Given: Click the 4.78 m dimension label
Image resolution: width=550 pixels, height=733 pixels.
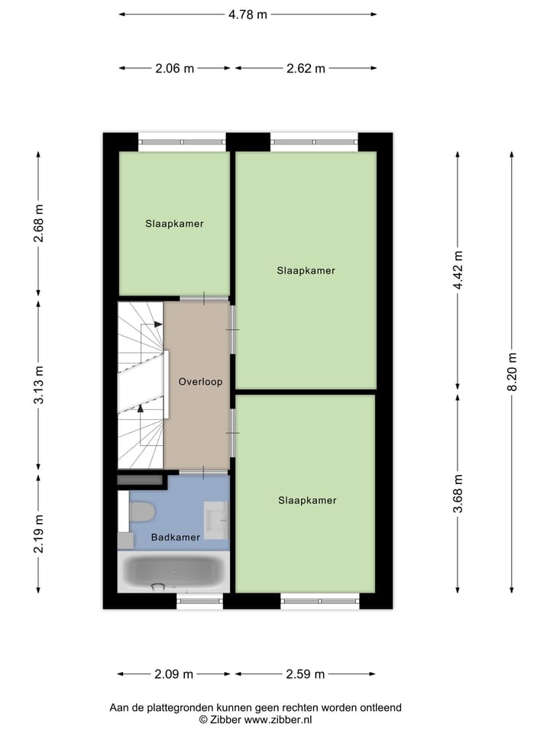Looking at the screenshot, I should [248, 14].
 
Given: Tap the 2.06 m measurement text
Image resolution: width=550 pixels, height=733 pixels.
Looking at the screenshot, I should [175, 68].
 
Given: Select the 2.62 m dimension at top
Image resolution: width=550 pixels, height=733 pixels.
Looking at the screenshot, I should [305, 68].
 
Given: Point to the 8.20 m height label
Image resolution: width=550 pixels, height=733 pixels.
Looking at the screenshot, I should [513, 371].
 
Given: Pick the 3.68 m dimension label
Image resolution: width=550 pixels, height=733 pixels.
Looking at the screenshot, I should [458, 493].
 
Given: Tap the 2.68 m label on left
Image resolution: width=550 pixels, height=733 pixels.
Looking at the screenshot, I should [39, 224].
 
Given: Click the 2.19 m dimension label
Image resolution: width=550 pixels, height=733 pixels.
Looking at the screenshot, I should [39, 534].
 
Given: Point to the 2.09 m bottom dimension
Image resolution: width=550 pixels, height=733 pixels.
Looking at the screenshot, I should [174, 674].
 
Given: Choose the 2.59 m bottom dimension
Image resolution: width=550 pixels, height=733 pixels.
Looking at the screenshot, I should [305, 674].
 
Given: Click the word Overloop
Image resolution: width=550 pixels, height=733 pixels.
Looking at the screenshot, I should [200, 381].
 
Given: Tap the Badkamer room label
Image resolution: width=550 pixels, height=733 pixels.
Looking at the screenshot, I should [176, 537].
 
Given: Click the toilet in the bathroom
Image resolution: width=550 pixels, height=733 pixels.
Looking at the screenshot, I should [142, 512].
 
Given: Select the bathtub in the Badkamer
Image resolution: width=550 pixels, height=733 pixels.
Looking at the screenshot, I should [173, 570].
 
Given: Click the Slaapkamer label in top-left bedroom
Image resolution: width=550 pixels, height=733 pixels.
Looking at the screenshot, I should [175, 224].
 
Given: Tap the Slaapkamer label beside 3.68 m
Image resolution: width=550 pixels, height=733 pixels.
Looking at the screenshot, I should [307, 500].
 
